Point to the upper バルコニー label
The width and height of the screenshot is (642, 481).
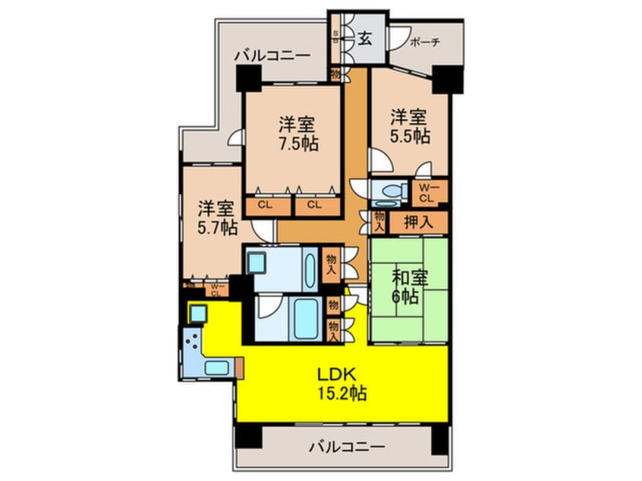tap(272, 55)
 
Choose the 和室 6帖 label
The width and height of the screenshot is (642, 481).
tap(410, 286)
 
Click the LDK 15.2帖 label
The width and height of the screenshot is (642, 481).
tap(343, 385)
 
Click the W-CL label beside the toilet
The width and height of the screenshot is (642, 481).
tap(428, 193)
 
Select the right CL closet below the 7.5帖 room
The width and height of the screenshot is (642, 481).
tap(314, 204)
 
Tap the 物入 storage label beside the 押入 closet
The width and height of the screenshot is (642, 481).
tap(378, 222)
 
